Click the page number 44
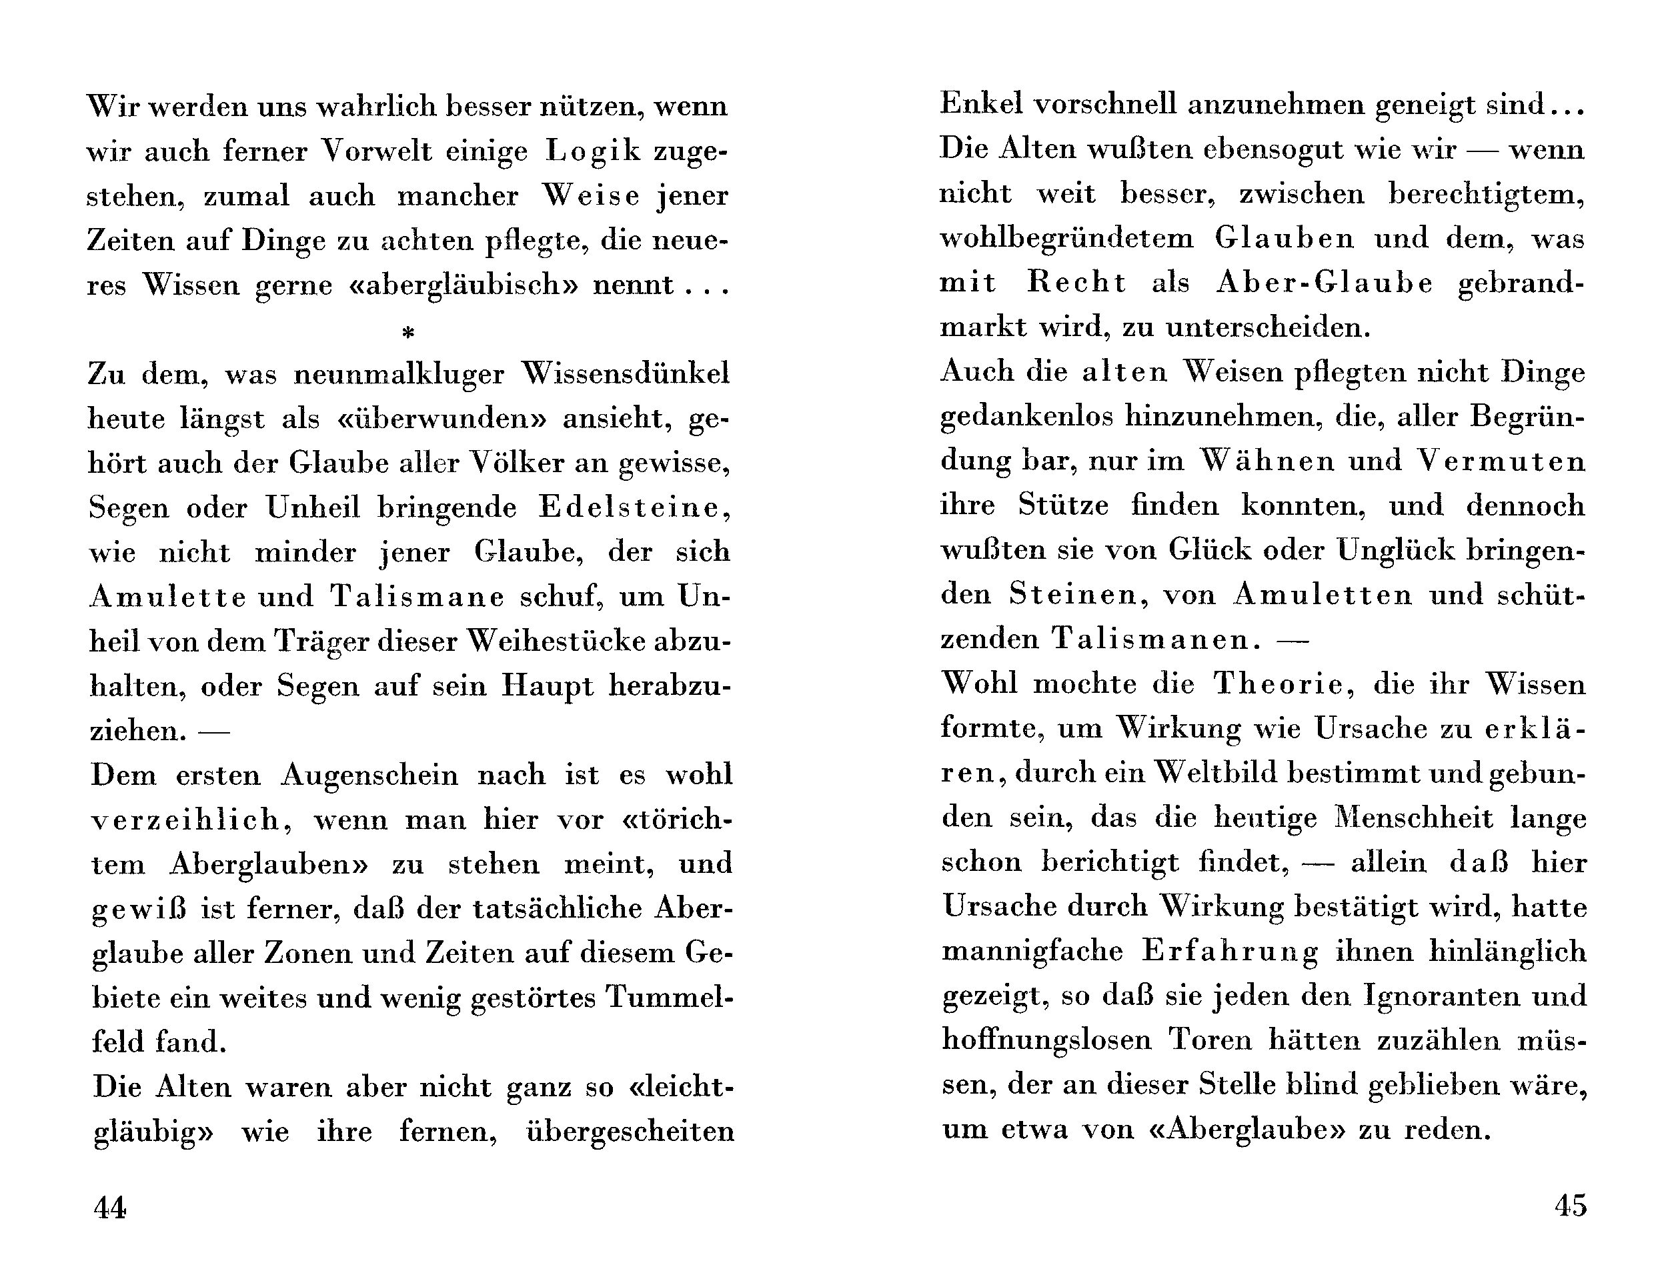[110, 1206]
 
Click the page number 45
[1571, 1204]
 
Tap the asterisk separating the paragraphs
[409, 331]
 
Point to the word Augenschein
[370, 774]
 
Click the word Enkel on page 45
[976, 103]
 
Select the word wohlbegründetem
[1067, 239]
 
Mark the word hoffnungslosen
[1046, 1040]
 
